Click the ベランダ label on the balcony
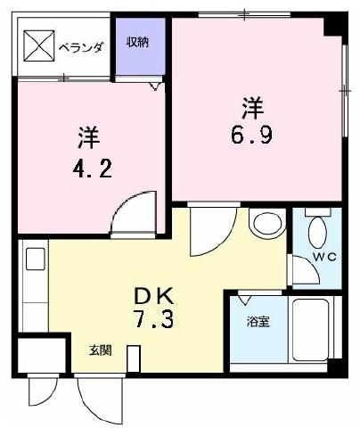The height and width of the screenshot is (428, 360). (81, 47)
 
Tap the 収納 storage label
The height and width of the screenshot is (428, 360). (137, 42)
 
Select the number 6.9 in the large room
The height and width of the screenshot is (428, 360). (251, 136)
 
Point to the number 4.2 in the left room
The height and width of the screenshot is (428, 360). (93, 169)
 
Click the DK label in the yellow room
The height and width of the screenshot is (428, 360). (153, 296)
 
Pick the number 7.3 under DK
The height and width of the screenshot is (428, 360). (153, 319)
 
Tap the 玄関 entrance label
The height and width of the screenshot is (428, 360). (101, 350)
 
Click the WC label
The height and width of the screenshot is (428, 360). (325, 257)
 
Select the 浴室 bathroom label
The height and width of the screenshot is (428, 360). (258, 321)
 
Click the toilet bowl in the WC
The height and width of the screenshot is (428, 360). (317, 233)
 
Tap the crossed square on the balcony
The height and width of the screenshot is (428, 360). (39, 46)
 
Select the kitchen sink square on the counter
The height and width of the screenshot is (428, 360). (36, 259)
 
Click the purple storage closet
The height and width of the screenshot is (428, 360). (140, 46)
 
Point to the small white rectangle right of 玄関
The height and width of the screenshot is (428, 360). (134, 358)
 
